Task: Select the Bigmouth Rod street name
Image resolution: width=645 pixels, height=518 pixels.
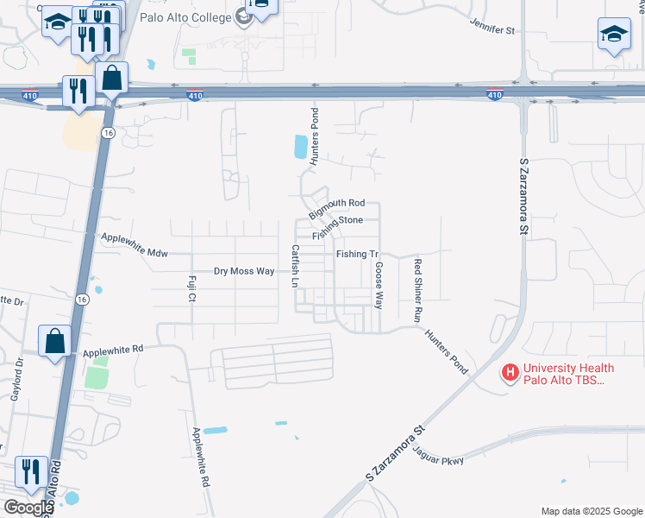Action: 337,207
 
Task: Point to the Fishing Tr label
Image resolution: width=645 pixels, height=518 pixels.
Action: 358,254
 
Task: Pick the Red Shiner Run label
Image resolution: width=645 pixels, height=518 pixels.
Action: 418,291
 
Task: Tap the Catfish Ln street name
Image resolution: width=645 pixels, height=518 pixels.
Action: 295,266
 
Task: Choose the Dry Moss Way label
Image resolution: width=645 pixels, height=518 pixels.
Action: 244,271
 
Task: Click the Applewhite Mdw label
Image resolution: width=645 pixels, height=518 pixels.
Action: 134,244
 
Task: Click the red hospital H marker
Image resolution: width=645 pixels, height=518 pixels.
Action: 510,374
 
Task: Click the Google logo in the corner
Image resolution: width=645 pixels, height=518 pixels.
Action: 28,508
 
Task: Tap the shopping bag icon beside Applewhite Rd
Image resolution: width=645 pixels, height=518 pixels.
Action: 55,340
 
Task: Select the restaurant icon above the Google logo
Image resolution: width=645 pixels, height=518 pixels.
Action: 31,471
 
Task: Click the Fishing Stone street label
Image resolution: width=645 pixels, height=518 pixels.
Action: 338,226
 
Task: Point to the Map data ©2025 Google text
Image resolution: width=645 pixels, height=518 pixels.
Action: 591,511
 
